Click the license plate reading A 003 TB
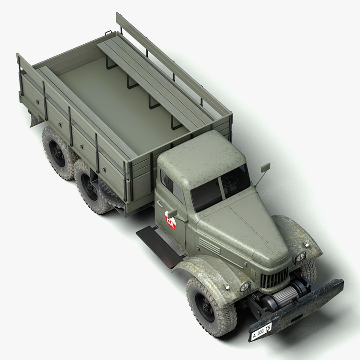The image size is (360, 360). point(261,332)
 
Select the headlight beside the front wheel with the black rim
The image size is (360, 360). point(245,286)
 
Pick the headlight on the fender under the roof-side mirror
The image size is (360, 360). point(300,256)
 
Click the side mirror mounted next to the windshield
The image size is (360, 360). point(266,168)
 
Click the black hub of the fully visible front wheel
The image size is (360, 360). point(204,307)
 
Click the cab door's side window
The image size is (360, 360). point(172,187)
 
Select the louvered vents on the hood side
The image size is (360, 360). point(209,246)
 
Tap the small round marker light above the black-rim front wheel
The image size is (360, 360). point(227,287)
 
